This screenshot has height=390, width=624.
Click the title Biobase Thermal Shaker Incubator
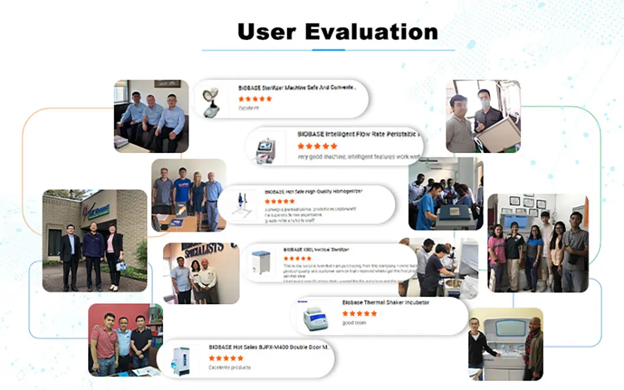tap(386, 302)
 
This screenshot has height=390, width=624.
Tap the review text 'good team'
tap(354, 323)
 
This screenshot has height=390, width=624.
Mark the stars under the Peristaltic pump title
tap(317, 145)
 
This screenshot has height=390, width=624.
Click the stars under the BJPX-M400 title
tap(226, 358)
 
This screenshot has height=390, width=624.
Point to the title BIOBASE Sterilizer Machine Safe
tap(297, 88)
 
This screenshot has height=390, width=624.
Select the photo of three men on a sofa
tap(151, 116)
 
